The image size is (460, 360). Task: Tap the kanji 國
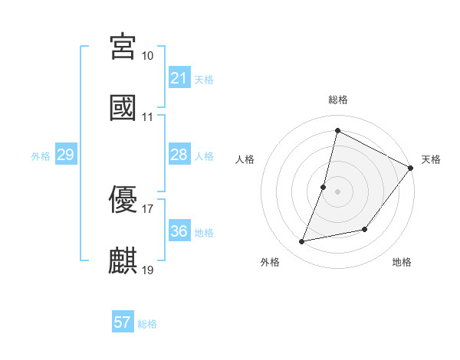123,106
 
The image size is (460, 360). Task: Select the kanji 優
123,200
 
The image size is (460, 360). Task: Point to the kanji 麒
123,260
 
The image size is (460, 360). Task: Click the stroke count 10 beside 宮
148,56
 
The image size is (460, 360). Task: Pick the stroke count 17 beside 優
148,208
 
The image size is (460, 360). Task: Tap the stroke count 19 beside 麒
148,270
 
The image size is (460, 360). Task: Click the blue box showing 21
179,78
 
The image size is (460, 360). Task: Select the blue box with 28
179,155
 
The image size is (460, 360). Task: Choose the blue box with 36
179,231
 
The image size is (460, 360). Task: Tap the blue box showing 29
65,155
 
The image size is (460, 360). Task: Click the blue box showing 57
123,322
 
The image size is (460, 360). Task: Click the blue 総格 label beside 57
147,324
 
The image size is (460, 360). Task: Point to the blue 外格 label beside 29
41,156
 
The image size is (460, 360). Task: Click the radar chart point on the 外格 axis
302,242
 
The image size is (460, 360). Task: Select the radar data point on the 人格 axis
324,187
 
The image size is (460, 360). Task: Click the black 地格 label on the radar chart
402,263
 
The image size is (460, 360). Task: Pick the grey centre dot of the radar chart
337,191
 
